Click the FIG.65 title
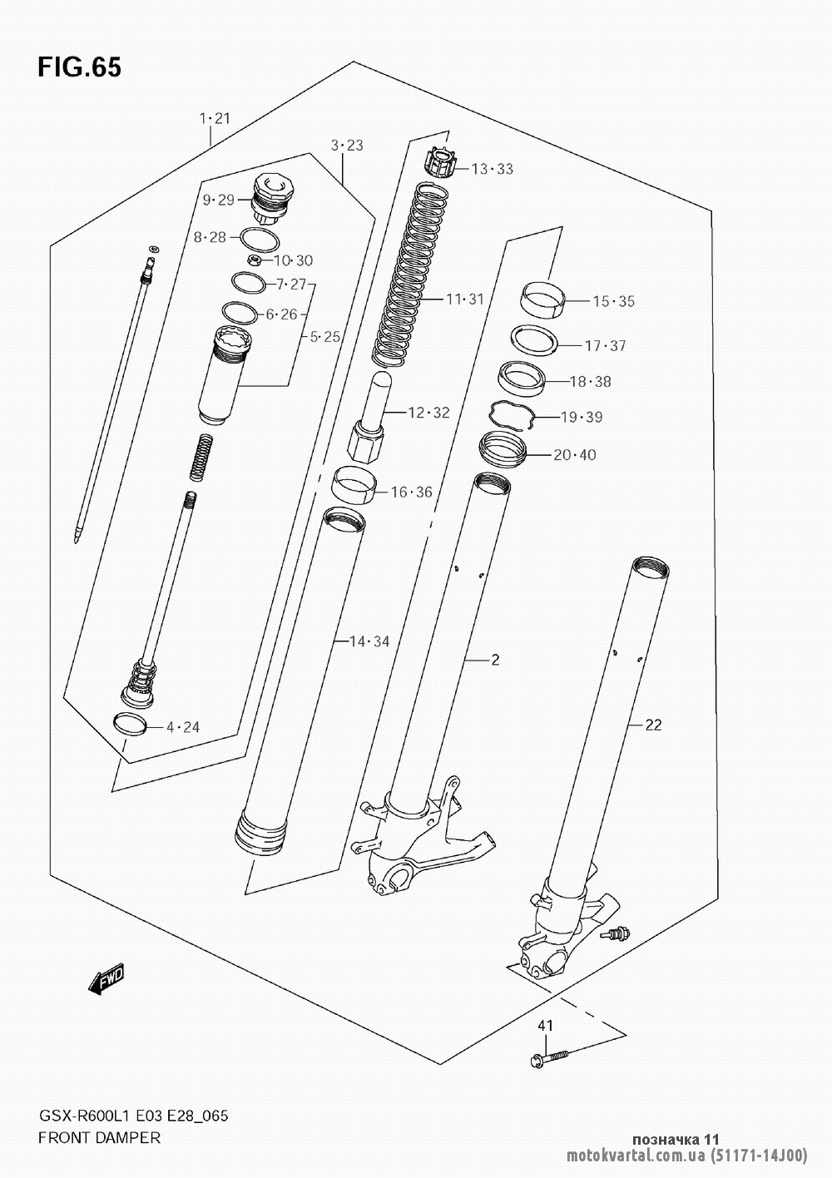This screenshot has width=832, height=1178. [79, 67]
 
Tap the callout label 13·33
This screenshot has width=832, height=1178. [493, 169]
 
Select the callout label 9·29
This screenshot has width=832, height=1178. [218, 200]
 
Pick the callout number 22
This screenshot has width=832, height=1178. [652, 725]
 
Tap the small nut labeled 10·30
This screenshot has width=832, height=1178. [255, 260]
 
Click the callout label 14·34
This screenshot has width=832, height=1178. [369, 641]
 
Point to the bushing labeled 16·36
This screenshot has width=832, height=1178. [354, 485]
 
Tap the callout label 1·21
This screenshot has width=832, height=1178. [215, 118]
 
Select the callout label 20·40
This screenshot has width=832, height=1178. [575, 454]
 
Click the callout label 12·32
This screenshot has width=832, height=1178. [429, 413]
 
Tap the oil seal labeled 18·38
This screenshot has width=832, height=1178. [522, 379]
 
